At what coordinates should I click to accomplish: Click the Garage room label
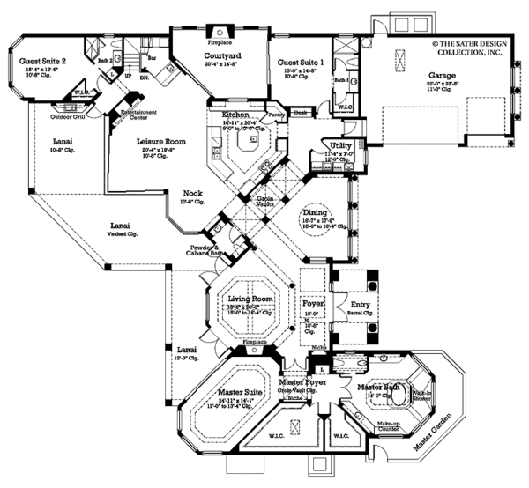pos(443,77)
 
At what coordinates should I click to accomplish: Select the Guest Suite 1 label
pos(301,63)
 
